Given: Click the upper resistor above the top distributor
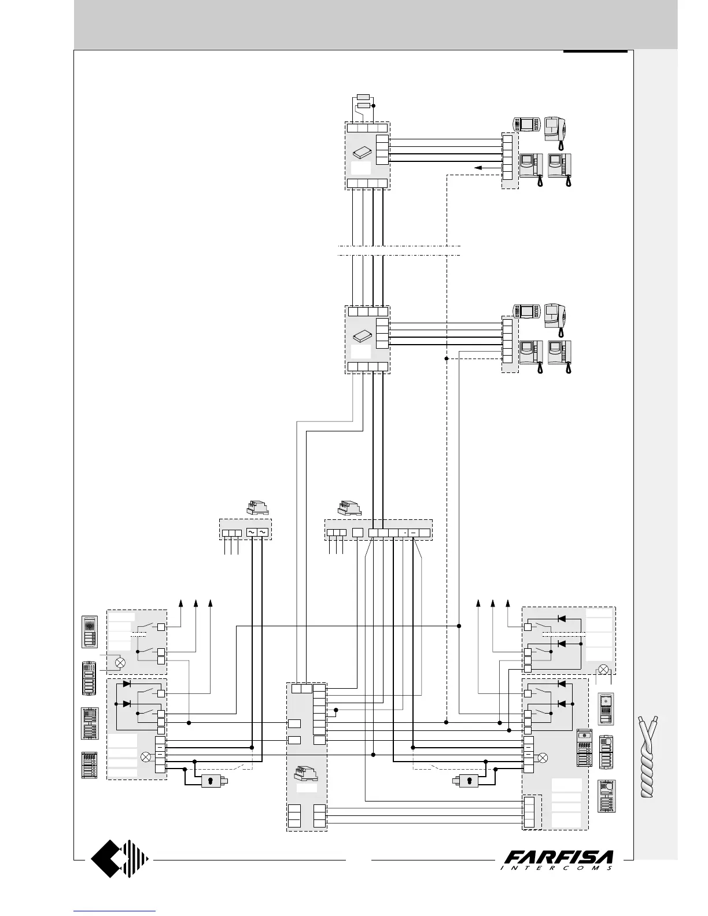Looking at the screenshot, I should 363,96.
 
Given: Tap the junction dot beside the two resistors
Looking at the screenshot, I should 374,105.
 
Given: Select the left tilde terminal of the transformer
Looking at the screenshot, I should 252,532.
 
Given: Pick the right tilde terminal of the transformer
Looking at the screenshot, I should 263,532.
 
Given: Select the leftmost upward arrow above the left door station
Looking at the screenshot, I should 181,604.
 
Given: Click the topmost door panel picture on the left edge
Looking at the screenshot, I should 90,632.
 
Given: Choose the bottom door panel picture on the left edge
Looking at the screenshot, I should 90,766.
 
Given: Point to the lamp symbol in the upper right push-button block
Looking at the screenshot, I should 604,669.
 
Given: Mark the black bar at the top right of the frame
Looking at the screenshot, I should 595,51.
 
